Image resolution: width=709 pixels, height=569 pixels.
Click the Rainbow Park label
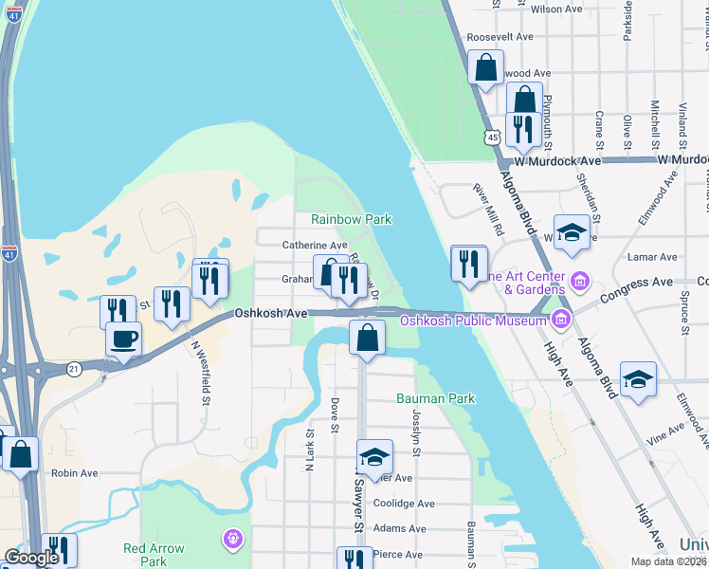point(352,219)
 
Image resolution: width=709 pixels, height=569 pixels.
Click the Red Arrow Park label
point(154,555)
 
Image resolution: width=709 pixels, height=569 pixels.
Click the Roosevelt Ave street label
point(500,37)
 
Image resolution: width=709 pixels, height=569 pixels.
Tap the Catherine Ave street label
point(315,246)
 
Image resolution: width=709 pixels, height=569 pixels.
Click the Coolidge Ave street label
point(404,504)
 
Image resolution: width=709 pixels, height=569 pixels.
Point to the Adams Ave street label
point(402,528)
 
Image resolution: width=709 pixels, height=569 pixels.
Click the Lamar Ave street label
point(654,257)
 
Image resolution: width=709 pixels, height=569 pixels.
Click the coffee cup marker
point(123,340)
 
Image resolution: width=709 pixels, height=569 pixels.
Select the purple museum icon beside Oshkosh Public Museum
point(562,318)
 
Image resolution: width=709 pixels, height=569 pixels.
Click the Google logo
point(31,558)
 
